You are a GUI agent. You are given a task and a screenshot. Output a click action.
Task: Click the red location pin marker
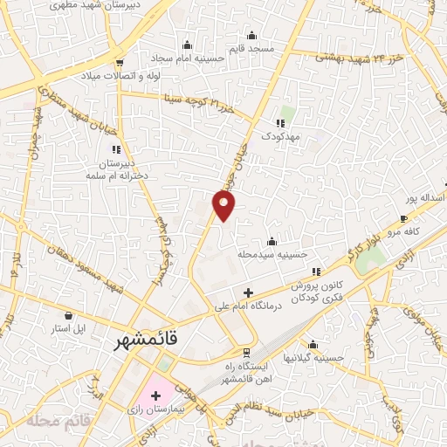(224, 205)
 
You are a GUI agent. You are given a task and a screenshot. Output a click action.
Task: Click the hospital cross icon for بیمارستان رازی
(156, 395)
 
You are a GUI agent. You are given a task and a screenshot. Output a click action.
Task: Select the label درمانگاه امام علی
(248, 308)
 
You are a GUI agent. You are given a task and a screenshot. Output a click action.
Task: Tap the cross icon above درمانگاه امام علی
(248, 292)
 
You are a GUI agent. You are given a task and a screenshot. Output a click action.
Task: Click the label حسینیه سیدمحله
(272, 255)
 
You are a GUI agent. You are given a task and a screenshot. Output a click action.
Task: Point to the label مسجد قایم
(251, 49)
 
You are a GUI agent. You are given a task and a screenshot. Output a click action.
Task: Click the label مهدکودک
(280, 138)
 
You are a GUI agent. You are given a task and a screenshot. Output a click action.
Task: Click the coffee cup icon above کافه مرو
(403, 218)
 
